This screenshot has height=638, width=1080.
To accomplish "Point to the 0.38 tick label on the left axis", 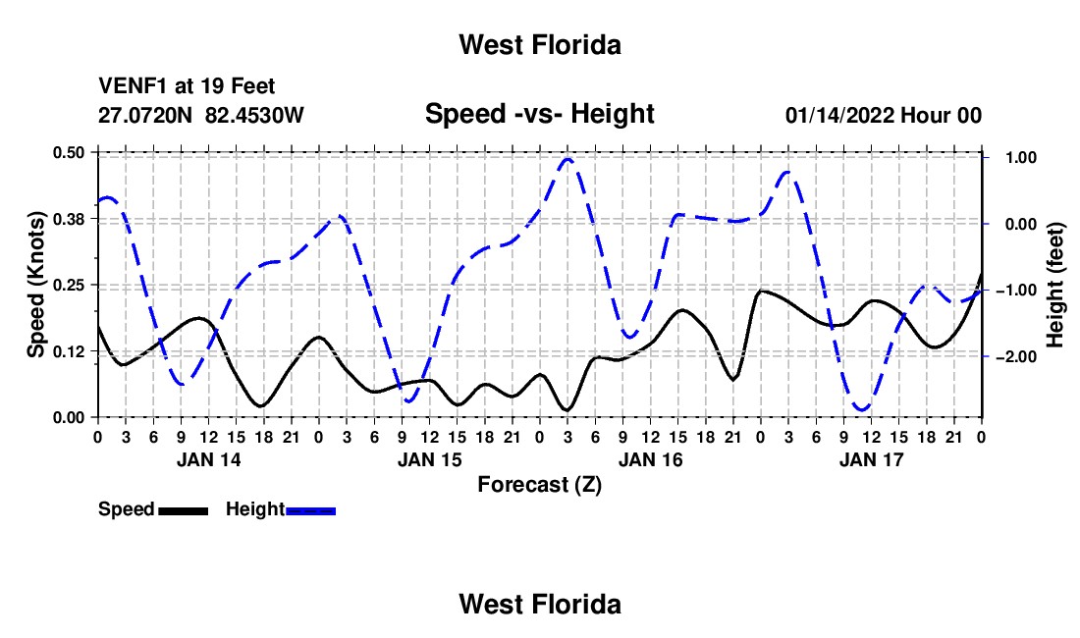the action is point(68,219).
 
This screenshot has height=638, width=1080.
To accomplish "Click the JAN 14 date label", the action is point(209,459).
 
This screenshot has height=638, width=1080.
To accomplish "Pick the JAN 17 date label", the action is point(871,459).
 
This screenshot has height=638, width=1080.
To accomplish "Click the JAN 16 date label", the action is point(650,459).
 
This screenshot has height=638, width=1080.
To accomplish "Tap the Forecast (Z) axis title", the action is point(539,485).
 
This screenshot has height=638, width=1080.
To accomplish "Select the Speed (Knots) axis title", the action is point(35,285).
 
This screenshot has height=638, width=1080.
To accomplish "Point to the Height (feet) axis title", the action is point(1055,285).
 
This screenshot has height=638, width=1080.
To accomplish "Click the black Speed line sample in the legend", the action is point(184,511).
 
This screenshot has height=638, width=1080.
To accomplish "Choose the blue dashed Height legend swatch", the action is point(310,511).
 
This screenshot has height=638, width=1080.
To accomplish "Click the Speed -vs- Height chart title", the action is point(539,114).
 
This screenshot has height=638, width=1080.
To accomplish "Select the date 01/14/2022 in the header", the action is point(839,115).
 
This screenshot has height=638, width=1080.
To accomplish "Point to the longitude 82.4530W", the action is point(254,115).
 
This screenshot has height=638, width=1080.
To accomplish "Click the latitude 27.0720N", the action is point(145,115).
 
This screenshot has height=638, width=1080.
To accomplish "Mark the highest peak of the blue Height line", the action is point(567,159).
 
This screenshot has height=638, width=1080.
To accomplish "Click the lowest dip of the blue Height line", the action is point(862,409).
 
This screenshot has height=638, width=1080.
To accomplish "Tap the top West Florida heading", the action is point(540,45).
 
